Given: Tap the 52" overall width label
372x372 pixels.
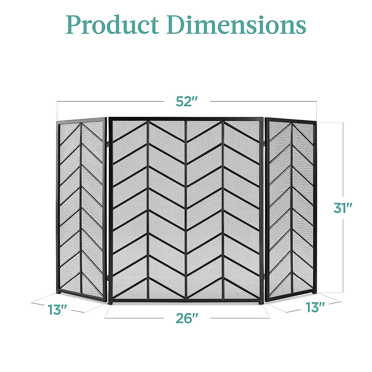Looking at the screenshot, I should pos(187,101).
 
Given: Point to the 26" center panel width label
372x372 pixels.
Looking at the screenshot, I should pos(187,318).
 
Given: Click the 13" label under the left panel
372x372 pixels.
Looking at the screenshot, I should pos(57,310).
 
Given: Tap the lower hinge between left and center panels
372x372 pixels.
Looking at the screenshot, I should pos(107,277).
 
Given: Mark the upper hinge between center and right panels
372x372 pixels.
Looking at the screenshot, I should pos(264,142).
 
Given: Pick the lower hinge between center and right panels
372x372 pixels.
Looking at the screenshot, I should pos(264,276).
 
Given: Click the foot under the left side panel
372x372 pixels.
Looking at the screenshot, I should pos(59,292).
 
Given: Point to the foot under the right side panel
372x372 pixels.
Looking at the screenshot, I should pos(315,292).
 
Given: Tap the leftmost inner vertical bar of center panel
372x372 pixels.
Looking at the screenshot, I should pos(148,210).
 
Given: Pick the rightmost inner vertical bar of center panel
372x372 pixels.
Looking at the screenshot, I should pos(223,210).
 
